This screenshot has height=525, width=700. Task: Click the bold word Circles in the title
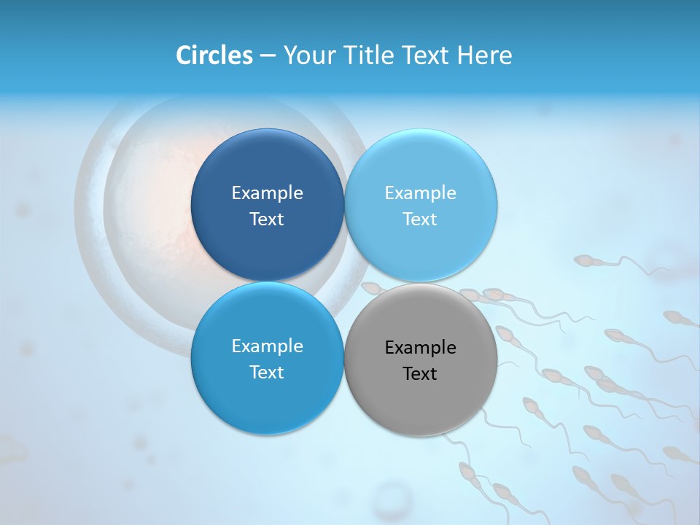214,55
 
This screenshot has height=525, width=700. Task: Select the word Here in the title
484,55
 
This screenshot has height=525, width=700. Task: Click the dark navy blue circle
267,168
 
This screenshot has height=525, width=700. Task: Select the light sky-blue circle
421,168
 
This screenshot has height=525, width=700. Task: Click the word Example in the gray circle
420,348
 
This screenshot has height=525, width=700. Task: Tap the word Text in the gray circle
420,374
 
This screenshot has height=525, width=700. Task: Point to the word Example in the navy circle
267,193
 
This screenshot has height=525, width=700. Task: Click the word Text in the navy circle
267,219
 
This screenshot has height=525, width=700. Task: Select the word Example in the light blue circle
420,193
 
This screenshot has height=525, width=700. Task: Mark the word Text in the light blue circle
420,219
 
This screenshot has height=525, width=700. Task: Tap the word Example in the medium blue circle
267,346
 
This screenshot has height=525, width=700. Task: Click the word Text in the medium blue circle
267,373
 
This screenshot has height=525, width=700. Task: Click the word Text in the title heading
425,55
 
